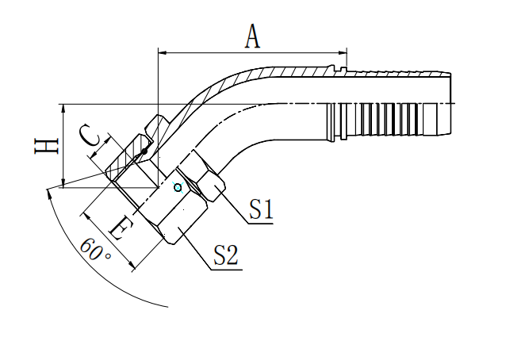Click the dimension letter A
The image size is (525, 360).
252,36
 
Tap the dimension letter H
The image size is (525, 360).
47,145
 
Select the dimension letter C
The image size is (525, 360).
92,139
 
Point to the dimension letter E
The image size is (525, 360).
120,230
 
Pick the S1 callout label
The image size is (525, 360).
261,209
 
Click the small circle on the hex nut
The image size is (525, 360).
178,187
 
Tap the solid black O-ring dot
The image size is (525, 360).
144,150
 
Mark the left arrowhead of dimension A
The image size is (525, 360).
163,53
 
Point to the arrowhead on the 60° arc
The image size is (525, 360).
50,191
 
